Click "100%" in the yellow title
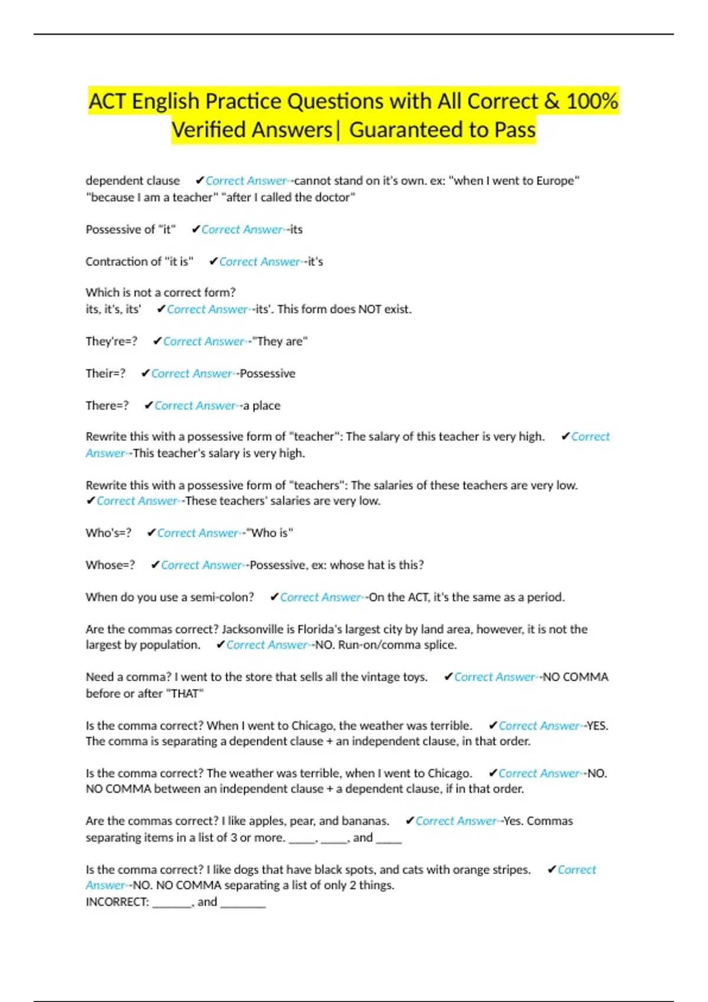pyautogui.click(x=592, y=101)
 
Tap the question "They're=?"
pyautogui.click(x=112, y=342)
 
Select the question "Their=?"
pyautogui.click(x=106, y=374)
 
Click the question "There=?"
pyautogui.click(x=107, y=406)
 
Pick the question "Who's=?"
pyautogui.click(x=109, y=533)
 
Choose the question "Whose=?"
pyautogui.click(x=110, y=565)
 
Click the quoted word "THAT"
pyautogui.click(x=185, y=694)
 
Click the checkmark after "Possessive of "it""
pyautogui.click(x=196, y=230)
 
